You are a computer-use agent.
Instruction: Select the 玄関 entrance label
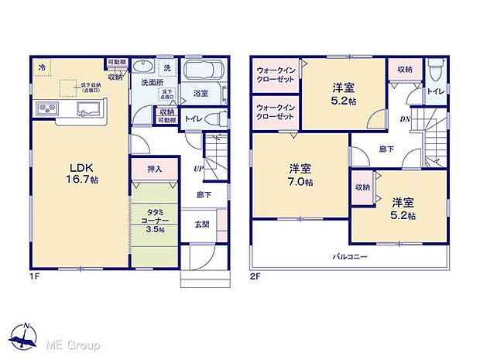tap(201, 225)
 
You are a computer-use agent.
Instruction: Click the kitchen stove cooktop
tap(45, 108)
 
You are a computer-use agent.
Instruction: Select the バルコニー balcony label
tap(350, 256)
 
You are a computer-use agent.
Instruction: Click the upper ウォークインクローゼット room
tap(276, 78)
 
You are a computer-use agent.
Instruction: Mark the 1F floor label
tap(36, 275)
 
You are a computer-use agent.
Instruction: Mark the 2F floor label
tap(255, 275)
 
